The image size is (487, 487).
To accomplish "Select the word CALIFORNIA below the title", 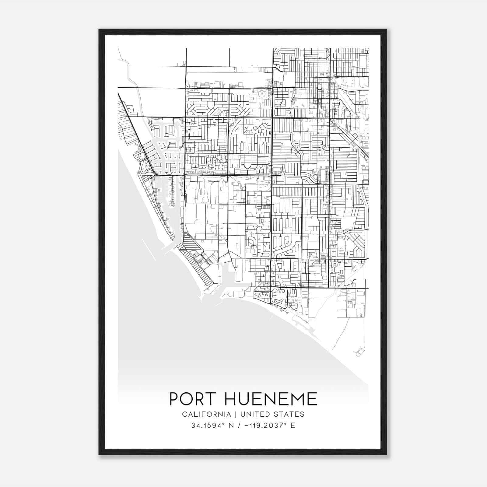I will (206, 414).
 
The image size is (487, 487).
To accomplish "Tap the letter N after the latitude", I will (232, 425).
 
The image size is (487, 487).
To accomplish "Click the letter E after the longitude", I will (293, 425).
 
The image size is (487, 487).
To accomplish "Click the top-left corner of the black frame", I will (100, 30).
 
